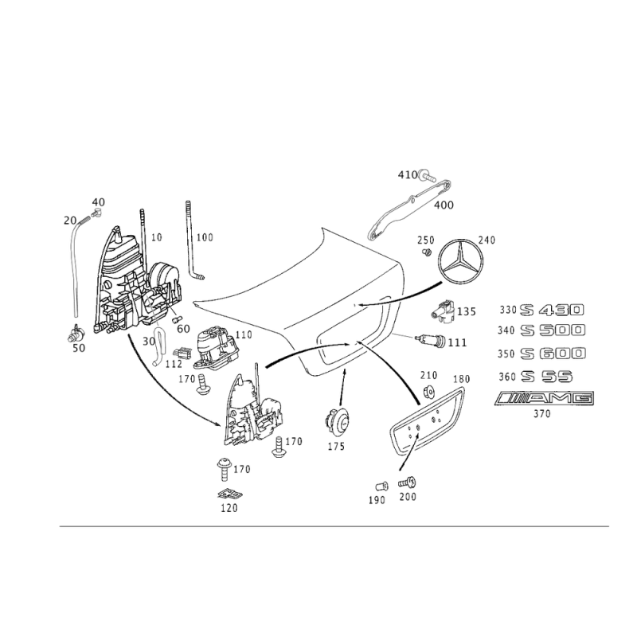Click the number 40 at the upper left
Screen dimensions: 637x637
pyautogui.click(x=99, y=201)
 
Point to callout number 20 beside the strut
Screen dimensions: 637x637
pyautogui.click(x=68, y=218)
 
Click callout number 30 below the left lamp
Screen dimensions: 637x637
pyautogui.click(x=148, y=339)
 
